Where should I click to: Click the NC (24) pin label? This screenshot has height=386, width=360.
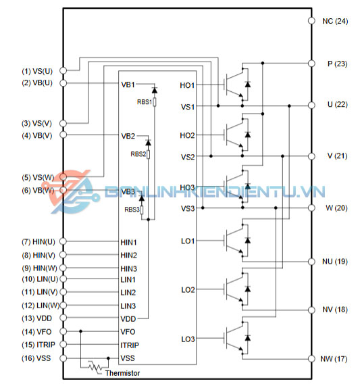pyautogui.click(x=335, y=21)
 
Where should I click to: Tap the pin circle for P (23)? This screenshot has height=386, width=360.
pyautogui.click(x=311, y=64)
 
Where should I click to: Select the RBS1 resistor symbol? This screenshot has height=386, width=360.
pyautogui.click(x=155, y=101)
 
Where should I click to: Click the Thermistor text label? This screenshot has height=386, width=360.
pyautogui.click(x=122, y=373)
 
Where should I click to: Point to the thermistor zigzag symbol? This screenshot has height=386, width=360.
pyautogui.click(x=95, y=367)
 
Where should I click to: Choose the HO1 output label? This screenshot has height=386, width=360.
pyautogui.click(x=187, y=85)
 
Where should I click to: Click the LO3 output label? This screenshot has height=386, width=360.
pyautogui.click(x=188, y=339)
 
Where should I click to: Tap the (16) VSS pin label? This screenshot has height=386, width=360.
pyautogui.click(x=36, y=358)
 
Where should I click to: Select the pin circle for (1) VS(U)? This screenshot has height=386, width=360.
pyautogui.click(x=63, y=70)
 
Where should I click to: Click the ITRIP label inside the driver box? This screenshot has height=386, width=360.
pyautogui.click(x=130, y=345)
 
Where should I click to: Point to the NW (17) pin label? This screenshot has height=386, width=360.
pyautogui.click(x=334, y=359)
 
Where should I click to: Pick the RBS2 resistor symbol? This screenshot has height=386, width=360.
pyautogui.click(x=149, y=154)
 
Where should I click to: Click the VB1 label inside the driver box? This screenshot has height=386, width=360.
pyautogui.click(x=128, y=85)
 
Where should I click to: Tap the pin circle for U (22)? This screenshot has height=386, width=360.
pyautogui.click(x=311, y=105)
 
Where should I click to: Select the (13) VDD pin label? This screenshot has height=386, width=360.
pyautogui.click(x=37, y=318)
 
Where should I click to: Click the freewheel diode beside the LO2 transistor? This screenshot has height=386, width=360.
pyautogui.click(x=248, y=289)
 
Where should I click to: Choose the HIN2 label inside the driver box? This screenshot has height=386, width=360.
pyautogui.click(x=128, y=256)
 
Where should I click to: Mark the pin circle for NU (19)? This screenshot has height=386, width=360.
pyautogui.click(x=311, y=262)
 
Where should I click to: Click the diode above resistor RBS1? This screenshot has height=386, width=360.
pyautogui.click(x=155, y=90)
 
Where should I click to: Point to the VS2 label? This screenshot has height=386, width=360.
pyautogui.click(x=188, y=157)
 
